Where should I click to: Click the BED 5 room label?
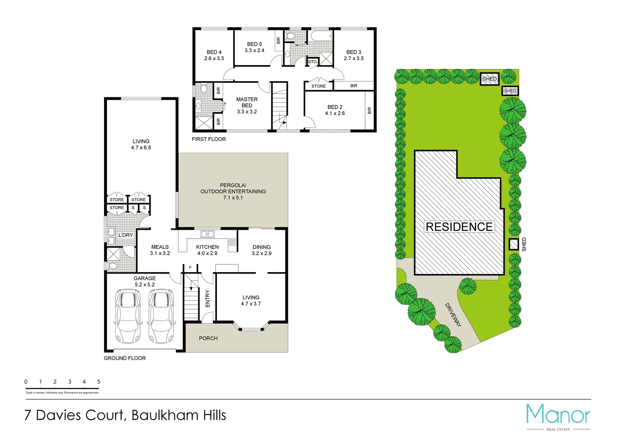(254, 47)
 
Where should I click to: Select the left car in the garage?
(128, 316)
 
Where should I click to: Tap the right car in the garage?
(161, 316)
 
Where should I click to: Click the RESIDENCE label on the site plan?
(459, 227)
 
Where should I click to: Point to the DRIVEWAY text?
(453, 315)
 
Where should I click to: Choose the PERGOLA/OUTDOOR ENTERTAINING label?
(233, 191)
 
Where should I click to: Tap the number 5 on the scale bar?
(99, 381)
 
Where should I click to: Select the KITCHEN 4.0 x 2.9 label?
(207, 250)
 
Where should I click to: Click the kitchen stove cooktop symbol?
(233, 242)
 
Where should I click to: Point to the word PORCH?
(208, 338)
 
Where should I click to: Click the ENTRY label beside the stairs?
(208, 298)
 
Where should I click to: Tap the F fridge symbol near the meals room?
(190, 268)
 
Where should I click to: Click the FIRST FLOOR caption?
(209, 139)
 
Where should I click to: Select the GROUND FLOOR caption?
(125, 358)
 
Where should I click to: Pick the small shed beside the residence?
(513, 245)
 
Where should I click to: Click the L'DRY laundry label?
(126, 235)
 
